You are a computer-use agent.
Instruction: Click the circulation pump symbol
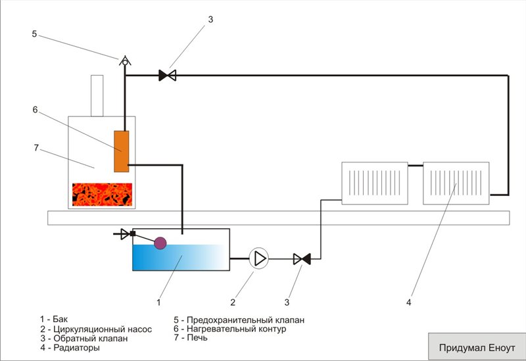(x=258, y=258)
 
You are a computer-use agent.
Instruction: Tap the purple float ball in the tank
(x=160, y=243)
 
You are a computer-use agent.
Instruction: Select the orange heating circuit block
(x=122, y=151)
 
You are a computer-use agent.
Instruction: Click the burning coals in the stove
(x=102, y=194)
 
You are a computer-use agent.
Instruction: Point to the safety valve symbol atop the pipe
(x=125, y=60)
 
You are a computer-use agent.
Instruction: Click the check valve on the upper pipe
(x=168, y=75)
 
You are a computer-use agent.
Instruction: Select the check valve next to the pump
(x=302, y=258)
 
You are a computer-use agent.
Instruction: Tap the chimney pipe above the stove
(x=97, y=96)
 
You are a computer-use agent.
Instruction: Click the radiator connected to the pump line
(x=375, y=183)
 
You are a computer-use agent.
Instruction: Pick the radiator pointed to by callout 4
(x=456, y=183)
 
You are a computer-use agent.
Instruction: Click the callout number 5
(x=34, y=34)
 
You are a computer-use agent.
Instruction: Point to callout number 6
(x=35, y=110)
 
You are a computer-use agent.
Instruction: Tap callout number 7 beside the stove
(x=36, y=147)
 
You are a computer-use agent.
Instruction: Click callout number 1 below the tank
(x=158, y=302)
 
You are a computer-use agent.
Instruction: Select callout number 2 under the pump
(x=233, y=302)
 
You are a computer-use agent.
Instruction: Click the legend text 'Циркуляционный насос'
(x=103, y=329)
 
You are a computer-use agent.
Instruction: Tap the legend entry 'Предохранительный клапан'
(x=245, y=320)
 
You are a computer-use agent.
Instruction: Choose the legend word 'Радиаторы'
(x=76, y=348)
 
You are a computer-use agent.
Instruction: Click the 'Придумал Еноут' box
(x=477, y=347)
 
